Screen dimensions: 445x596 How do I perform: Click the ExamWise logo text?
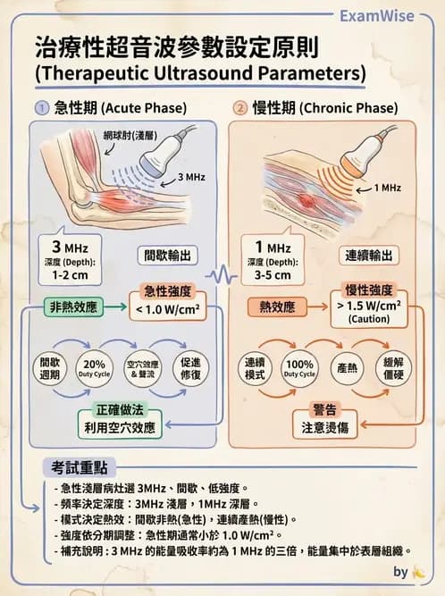376,16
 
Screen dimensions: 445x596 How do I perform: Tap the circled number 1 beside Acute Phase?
42,108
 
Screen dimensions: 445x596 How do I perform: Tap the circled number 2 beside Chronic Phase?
240,108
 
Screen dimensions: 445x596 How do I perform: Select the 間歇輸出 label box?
168,256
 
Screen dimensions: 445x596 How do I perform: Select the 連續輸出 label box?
369,256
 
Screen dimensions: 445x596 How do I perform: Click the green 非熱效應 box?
73,307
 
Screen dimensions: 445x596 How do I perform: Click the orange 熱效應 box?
277,307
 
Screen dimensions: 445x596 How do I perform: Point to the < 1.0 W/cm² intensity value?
168,310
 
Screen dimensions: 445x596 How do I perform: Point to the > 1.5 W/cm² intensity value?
369,306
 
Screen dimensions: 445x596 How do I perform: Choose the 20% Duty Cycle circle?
94,368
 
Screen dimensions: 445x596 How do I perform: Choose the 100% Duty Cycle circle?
299,368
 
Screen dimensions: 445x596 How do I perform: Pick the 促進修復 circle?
190,368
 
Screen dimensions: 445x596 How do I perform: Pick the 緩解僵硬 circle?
393,368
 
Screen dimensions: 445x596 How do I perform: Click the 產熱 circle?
347,368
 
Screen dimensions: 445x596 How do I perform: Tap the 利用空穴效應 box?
120,424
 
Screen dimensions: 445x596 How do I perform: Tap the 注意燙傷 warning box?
325,424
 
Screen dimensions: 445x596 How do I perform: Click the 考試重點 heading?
80,467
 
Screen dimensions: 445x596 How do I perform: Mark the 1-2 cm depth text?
70,275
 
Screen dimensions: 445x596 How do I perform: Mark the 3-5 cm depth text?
273,275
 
